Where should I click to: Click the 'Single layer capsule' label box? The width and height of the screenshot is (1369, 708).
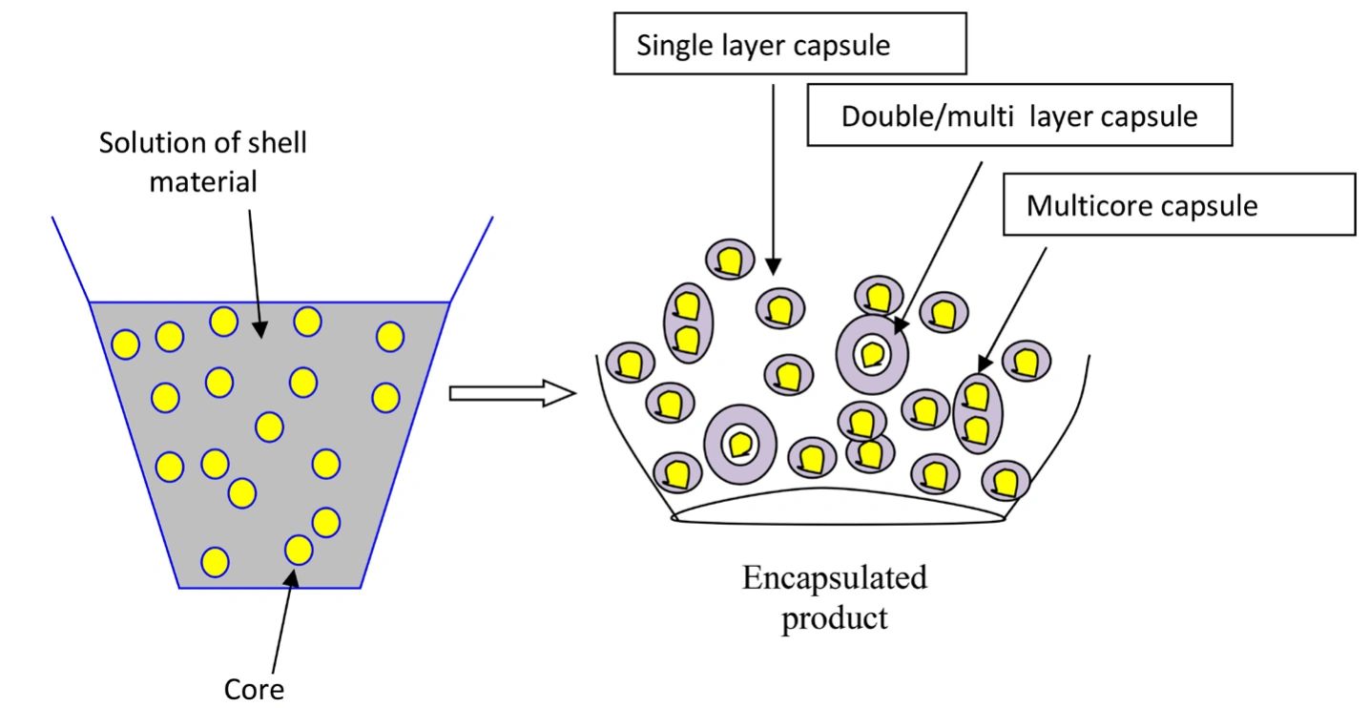click(789, 45)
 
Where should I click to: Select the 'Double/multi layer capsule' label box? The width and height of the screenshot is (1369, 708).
click(1019, 116)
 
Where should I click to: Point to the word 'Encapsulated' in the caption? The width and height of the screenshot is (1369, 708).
click(835, 578)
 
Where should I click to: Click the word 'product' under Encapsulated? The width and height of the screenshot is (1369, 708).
click(835, 617)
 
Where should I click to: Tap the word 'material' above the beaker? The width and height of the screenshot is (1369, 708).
click(202, 180)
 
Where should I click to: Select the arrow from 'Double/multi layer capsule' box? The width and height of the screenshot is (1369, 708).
click(939, 239)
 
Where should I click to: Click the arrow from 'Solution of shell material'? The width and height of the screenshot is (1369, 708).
click(255, 267)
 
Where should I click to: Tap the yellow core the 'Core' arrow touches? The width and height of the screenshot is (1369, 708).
click(299, 550)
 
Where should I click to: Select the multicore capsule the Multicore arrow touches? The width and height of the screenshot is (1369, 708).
click(977, 413)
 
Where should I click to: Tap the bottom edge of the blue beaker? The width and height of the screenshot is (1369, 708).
click(270, 588)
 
